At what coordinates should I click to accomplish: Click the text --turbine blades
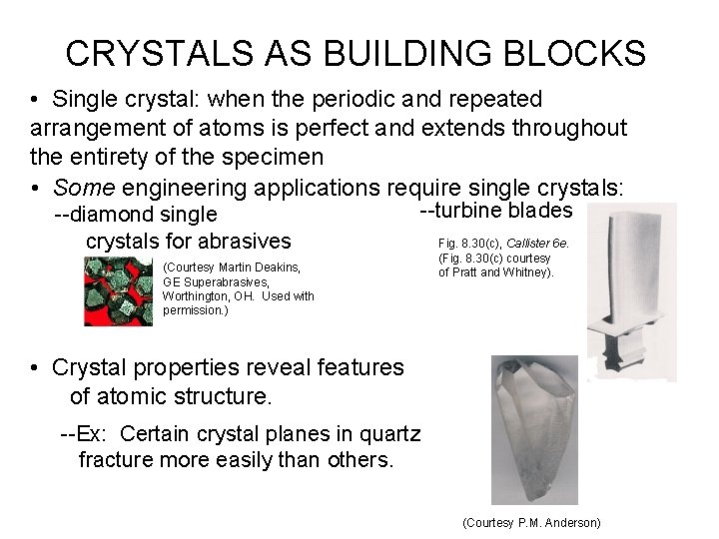[x=494, y=211]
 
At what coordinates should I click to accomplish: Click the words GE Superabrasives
[x=208, y=282]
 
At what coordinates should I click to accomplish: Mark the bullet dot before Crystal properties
[x=34, y=368]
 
